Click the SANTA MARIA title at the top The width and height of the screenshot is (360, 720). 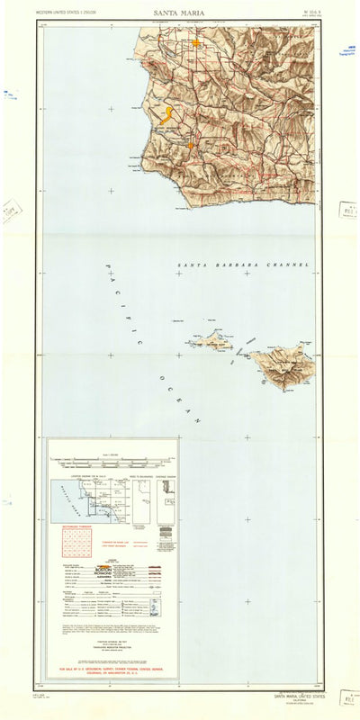(179, 13)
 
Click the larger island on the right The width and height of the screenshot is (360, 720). (283, 366)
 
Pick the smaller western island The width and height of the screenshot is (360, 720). (215, 340)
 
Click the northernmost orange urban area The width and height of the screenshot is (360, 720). (196, 42)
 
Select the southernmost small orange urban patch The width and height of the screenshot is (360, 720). (191, 145)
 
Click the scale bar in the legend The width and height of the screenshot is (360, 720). (113, 459)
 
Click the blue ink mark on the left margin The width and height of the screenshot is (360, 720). (11, 94)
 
